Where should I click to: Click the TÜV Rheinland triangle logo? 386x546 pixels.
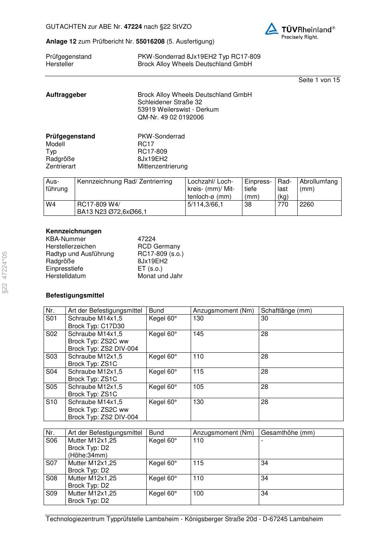pyautogui.click(x=272, y=28)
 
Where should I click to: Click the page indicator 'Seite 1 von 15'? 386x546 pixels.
pyautogui.click(x=319, y=80)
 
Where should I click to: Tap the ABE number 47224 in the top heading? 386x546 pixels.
pyautogui.click(x=133, y=27)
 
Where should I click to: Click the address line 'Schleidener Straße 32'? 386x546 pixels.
pyautogui.click(x=170, y=102)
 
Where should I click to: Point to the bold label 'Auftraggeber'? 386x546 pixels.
pyautogui.click(x=66, y=95)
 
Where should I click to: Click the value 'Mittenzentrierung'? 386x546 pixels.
pyautogui.click(x=162, y=166)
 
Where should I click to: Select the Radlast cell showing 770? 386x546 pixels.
pyautogui.click(x=282, y=205)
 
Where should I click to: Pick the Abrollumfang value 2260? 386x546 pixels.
pyautogui.click(x=307, y=205)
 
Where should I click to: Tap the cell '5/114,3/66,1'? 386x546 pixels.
pyautogui.click(x=205, y=205)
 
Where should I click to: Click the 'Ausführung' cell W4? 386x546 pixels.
pyautogui.click(x=51, y=205)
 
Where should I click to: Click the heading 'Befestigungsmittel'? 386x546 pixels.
pyautogui.click(x=75, y=296)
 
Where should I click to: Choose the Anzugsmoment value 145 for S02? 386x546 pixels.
pyautogui.click(x=198, y=334)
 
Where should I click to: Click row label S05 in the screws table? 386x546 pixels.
pyautogui.click(x=51, y=387)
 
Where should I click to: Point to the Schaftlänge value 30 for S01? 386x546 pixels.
pyautogui.click(x=264, y=318)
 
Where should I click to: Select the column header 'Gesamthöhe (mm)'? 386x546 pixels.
pyautogui.click(x=288, y=433)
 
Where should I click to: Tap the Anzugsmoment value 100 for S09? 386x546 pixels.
pyautogui.click(x=198, y=493)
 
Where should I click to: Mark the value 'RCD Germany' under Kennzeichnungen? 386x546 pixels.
pyautogui.click(x=159, y=247)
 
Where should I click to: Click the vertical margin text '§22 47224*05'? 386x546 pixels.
pyautogui.click(x=5, y=272)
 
